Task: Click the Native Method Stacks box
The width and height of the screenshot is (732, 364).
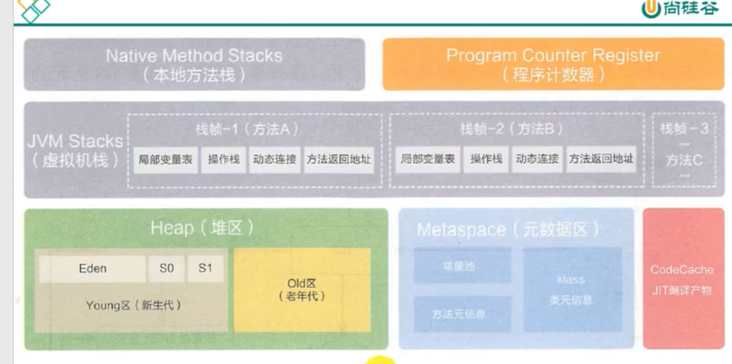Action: pos(194,64)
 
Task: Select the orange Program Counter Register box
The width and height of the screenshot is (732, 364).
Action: pos(553,64)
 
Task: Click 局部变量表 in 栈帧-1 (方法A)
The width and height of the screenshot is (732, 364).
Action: pos(166,160)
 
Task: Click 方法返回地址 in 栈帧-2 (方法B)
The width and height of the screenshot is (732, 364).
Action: pos(601,160)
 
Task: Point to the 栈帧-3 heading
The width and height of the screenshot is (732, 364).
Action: pos(684,129)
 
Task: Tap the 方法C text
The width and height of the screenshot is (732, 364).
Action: pos(684,160)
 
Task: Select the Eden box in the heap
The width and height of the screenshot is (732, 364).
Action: pos(93,269)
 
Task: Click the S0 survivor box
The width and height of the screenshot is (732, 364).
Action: pos(167,269)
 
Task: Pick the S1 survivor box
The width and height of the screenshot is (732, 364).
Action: pos(206,269)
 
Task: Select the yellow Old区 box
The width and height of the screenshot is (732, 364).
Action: pos(302,290)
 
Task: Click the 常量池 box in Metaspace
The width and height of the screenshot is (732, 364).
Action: pos(462,266)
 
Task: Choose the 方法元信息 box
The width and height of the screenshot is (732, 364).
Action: pos(462,313)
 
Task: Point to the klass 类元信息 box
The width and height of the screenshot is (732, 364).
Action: pos(572,289)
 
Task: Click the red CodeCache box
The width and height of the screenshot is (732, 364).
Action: pos(682,278)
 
